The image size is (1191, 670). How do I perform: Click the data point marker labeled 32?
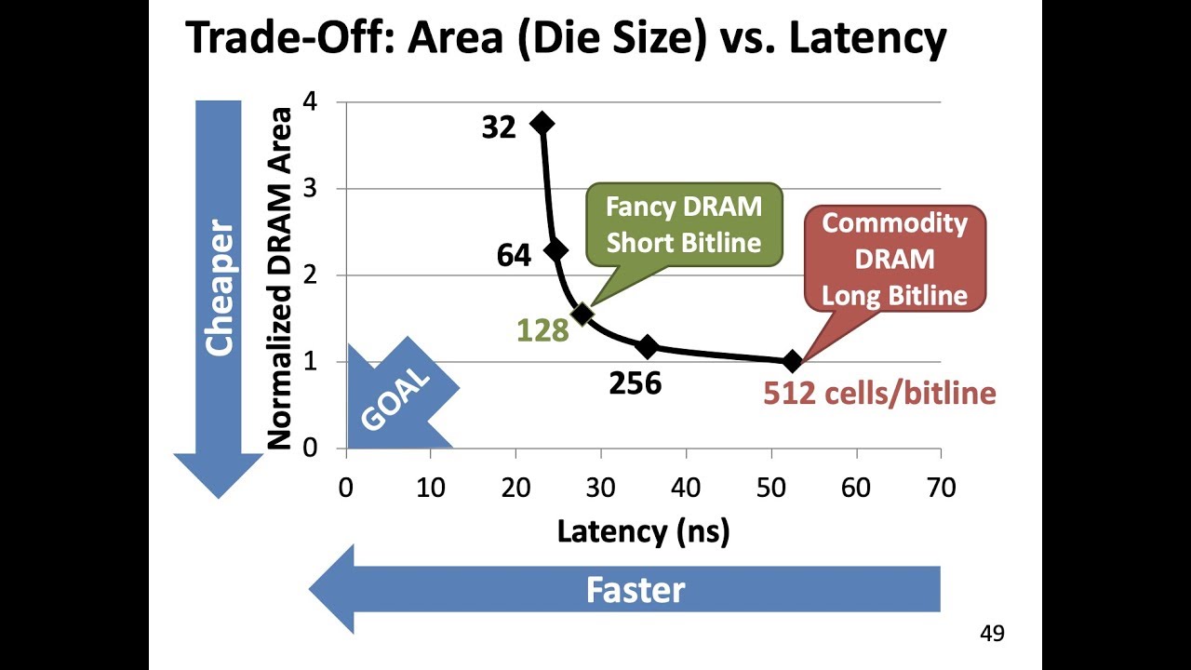click(x=542, y=124)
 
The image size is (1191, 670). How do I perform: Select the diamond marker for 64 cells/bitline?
click(x=555, y=250)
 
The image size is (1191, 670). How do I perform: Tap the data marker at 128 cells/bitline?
click(x=582, y=315)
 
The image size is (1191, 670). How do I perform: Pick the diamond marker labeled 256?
click(x=648, y=347)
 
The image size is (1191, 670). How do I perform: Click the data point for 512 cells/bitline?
click(x=792, y=361)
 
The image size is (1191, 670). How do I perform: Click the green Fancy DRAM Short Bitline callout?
click(x=684, y=224)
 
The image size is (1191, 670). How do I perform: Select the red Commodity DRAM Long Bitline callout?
click(x=894, y=260)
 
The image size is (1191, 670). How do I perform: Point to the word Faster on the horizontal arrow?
click(x=635, y=590)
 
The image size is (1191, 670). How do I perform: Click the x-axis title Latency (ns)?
click(x=643, y=531)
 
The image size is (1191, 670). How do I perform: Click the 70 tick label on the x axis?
click(x=941, y=488)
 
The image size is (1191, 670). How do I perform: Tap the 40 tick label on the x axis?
click(x=686, y=488)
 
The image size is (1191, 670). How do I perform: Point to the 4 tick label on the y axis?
click(x=311, y=101)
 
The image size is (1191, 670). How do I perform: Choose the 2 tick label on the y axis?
click(x=311, y=275)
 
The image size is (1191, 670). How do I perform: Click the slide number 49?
click(x=992, y=634)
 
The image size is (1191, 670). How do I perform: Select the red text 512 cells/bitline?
click(x=879, y=394)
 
